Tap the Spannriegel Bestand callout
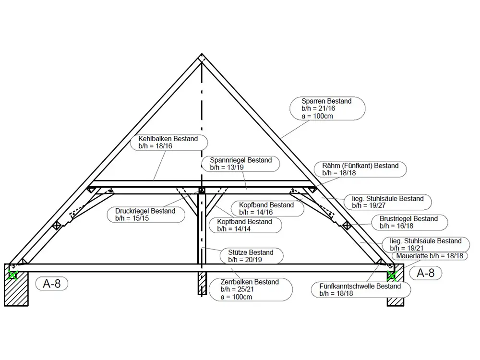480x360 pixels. [x=241, y=164]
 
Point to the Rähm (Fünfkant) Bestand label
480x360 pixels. [x=360, y=169]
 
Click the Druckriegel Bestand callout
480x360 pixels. [x=145, y=215]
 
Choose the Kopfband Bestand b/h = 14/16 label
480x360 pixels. [x=266, y=208]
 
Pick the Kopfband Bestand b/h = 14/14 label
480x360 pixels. [x=244, y=225]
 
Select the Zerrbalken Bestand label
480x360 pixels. [x=250, y=289]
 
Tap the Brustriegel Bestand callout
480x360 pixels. [x=408, y=222]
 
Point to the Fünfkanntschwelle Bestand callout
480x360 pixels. [x=360, y=289]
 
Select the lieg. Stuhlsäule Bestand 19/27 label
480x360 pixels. [x=387, y=202]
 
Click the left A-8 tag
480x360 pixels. [x=51, y=284]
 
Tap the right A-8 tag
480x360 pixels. [x=425, y=273]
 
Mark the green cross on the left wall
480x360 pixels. [x=13, y=276]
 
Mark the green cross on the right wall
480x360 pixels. [x=392, y=276]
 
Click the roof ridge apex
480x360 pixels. [x=202, y=56]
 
